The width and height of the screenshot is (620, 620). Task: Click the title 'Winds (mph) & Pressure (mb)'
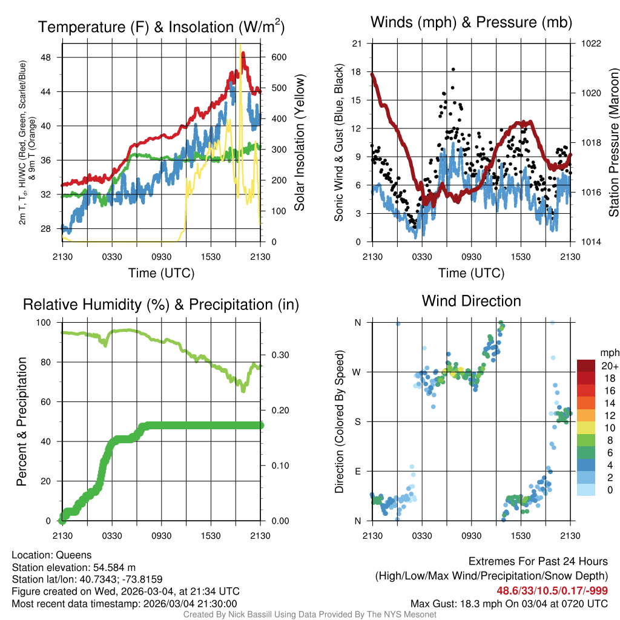[x=471, y=23]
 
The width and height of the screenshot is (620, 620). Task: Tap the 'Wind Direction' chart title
[x=471, y=301]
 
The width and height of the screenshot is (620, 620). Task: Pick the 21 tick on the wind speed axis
[x=357, y=44]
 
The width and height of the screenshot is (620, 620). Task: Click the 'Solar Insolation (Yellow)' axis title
[x=300, y=143]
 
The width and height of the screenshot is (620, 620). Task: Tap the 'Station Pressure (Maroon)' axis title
[x=613, y=143]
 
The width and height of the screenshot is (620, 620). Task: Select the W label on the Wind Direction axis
[x=358, y=372]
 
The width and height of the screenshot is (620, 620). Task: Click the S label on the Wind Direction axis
[x=358, y=421]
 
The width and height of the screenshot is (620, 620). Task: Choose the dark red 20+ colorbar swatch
[x=587, y=366]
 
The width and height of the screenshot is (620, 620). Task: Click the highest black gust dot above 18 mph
[x=453, y=70]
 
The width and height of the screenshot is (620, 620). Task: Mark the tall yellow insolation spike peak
[x=240, y=45]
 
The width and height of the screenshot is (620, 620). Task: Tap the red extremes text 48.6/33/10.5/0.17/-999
[x=552, y=590]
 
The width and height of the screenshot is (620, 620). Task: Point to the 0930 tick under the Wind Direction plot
[x=471, y=536]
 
